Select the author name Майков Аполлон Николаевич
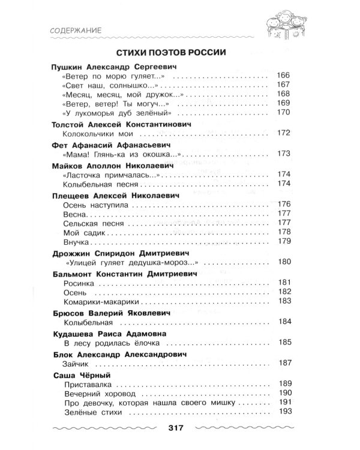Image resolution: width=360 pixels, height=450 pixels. (x=107, y=165)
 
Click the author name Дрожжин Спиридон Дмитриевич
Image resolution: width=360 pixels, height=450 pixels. (x=113, y=253)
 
